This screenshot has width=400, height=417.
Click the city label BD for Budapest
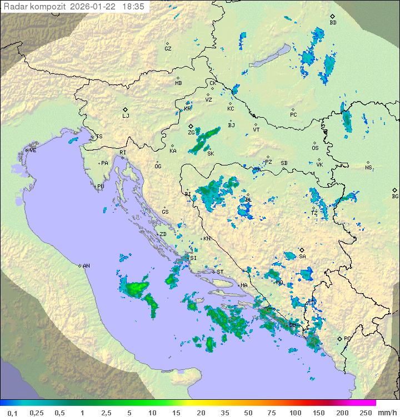(x=333, y=23)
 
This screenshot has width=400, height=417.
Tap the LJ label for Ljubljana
(x=126, y=116)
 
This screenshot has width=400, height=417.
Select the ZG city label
(x=191, y=133)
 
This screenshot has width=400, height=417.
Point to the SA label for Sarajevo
(x=302, y=257)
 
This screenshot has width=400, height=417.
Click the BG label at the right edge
(x=395, y=197)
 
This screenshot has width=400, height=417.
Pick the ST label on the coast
(x=220, y=272)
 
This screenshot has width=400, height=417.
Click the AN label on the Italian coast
(x=86, y=266)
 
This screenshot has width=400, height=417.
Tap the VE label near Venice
(x=33, y=150)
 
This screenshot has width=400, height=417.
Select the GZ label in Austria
(x=168, y=49)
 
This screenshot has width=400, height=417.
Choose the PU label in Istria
(x=101, y=187)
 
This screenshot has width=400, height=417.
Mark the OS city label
(x=315, y=148)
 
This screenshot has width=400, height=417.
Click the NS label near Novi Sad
(x=368, y=168)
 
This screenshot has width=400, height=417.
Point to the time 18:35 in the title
(x=133, y=7)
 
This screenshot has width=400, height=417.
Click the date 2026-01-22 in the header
(x=94, y=7)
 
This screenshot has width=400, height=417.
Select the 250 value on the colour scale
(x=366, y=413)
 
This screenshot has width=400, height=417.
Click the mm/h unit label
(x=387, y=413)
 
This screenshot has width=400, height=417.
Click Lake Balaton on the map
(x=270, y=56)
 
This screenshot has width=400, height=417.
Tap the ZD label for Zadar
(x=163, y=234)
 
